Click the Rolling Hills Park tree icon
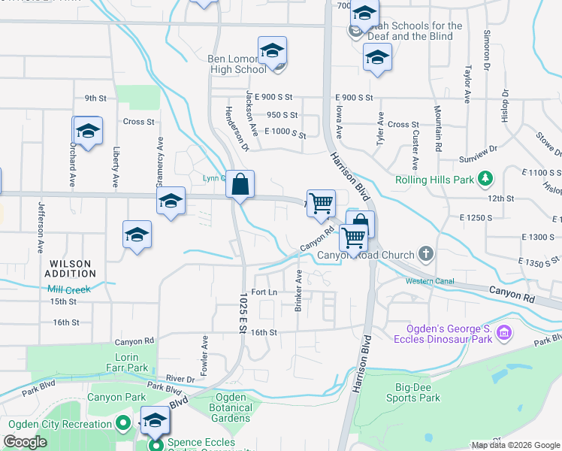pyautogui.click(x=487, y=179)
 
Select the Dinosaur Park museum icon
pyautogui.click(x=504, y=331)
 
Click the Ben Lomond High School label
pyautogui.click(x=237, y=63)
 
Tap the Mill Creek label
pyautogui.click(x=68, y=289)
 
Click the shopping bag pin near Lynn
pyautogui.click(x=240, y=184)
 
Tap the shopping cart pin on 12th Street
pyautogui.click(x=321, y=202)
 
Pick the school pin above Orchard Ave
pyautogui.click(x=87, y=131)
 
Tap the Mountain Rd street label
pyautogui.click(x=437, y=125)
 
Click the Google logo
pyautogui.click(x=25, y=442)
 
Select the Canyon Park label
pyautogui.click(x=116, y=397)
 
